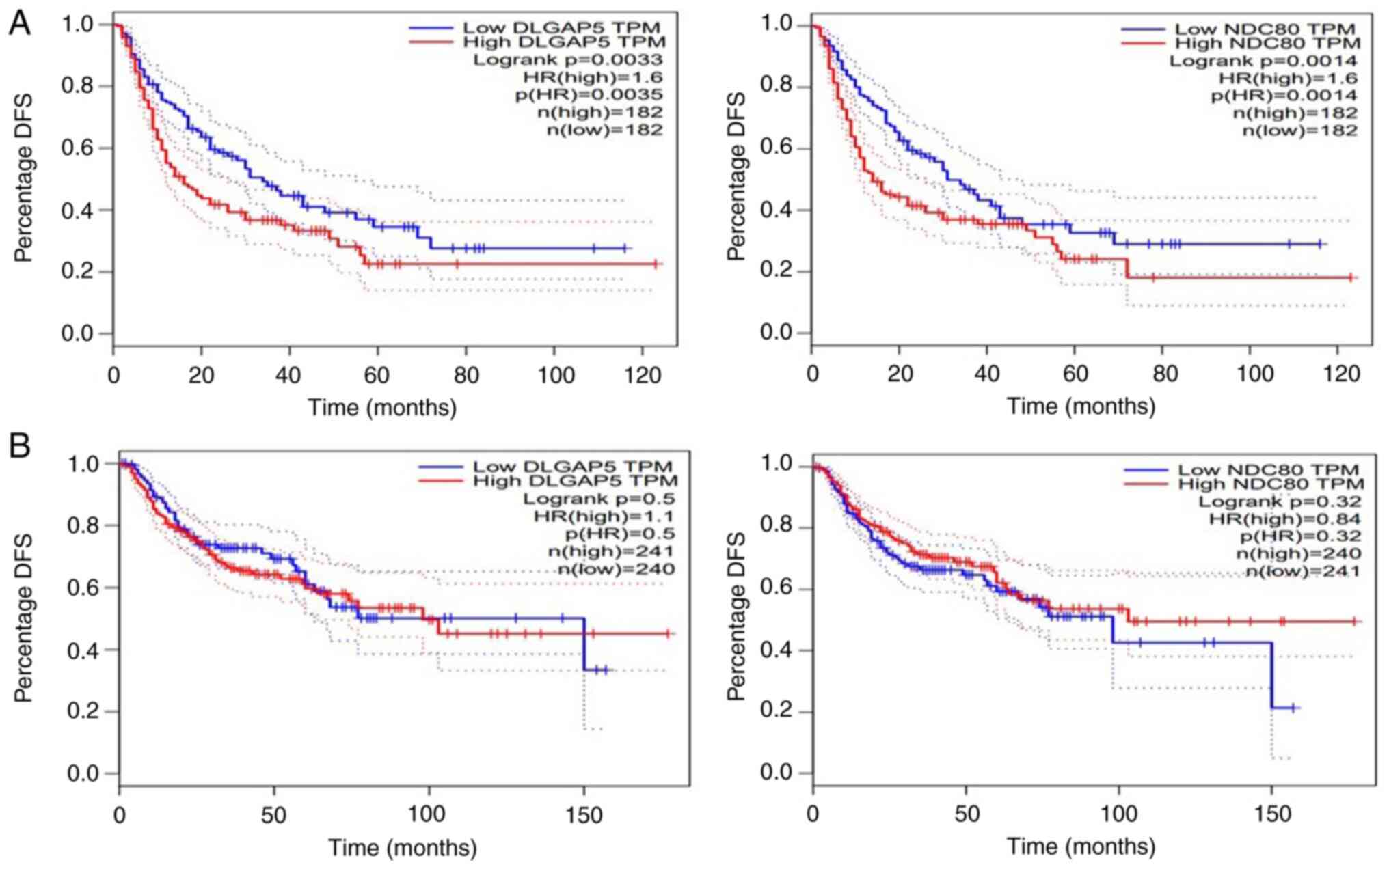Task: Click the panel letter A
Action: point(19,24)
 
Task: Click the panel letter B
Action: point(19,447)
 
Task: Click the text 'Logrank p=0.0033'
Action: point(568,60)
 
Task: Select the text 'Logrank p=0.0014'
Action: point(1263,61)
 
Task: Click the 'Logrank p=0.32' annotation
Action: point(1280,501)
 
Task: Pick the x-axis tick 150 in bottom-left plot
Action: point(584,816)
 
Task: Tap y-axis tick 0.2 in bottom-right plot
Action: point(777,711)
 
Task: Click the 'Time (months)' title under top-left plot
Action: point(382,408)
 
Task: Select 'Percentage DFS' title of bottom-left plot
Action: point(24,618)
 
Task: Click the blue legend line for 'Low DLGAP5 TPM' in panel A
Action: point(431,28)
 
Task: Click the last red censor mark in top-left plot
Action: point(655,264)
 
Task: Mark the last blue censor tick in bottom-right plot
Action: point(1293,708)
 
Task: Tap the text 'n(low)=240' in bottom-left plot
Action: point(616,568)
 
